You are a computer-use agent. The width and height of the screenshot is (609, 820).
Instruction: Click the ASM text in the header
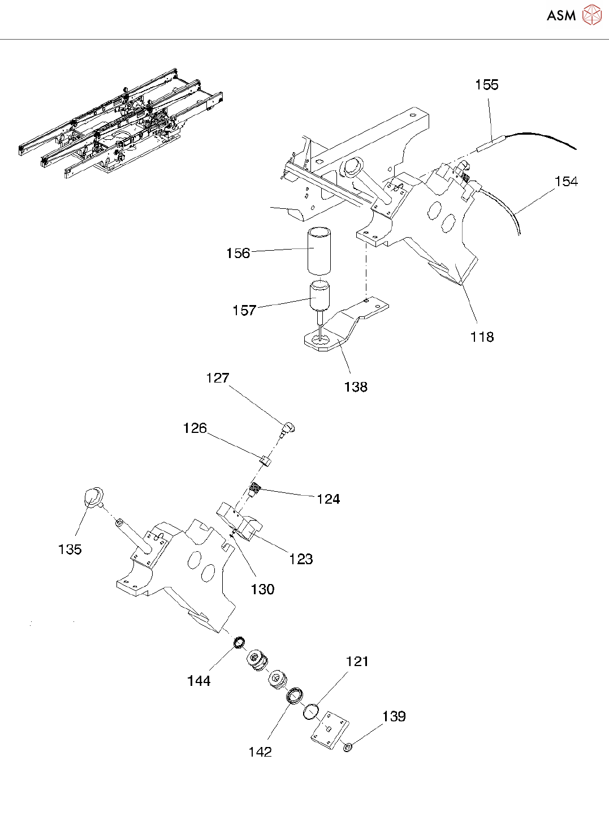point(561,15)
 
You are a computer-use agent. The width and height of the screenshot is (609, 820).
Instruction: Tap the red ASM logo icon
point(591,15)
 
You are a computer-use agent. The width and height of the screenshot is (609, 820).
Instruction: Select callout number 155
point(487,85)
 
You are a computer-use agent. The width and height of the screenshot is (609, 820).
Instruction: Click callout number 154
point(566,182)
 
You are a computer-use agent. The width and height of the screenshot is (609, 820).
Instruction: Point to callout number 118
point(482,337)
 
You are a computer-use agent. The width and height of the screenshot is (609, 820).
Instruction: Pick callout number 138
point(356,387)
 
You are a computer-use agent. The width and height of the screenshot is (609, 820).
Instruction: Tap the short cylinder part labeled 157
point(319,296)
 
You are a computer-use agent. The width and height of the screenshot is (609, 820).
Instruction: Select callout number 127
point(218,378)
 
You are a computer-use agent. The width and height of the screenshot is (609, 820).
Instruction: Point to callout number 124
point(328,499)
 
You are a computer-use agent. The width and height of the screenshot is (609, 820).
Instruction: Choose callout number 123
point(301,559)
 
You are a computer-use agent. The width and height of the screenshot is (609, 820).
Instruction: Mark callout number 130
point(262,589)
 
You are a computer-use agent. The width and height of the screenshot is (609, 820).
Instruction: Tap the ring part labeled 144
point(239,642)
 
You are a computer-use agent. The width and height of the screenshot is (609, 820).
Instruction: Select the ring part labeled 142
point(295,697)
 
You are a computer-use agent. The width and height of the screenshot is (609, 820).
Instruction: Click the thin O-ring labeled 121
point(311,712)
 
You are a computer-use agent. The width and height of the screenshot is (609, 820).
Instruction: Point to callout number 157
point(244,310)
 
